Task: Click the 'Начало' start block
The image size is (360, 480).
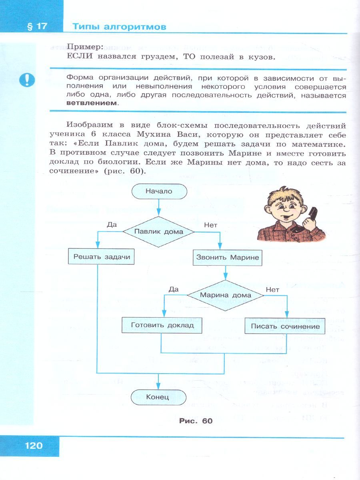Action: (159, 191)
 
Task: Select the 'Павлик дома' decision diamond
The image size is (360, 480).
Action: (159, 232)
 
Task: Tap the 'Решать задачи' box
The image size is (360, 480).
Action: (102, 257)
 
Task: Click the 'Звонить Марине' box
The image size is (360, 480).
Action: (228, 258)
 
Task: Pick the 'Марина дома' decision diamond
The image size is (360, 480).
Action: (226, 295)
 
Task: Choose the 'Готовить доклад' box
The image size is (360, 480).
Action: (162, 325)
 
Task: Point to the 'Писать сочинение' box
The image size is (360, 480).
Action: (285, 326)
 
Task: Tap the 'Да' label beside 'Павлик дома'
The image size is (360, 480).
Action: (112, 225)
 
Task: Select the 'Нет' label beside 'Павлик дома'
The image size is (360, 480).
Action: (211, 225)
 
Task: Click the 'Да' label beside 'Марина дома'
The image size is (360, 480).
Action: (173, 289)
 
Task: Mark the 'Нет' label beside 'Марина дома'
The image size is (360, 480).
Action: (272, 289)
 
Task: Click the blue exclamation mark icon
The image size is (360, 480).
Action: (27, 80)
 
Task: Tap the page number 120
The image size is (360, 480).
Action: (34, 445)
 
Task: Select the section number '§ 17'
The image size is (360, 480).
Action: (36, 26)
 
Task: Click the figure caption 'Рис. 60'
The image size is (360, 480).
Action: (196, 421)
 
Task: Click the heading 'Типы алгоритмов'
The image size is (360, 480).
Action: (119, 27)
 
